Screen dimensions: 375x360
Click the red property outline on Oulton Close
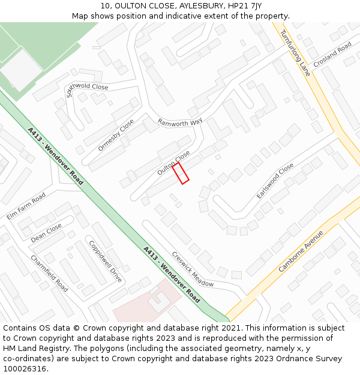181,173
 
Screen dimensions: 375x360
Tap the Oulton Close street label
173,163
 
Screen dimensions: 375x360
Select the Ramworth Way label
180,122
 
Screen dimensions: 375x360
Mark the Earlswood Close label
275,181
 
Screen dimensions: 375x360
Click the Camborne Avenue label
301,251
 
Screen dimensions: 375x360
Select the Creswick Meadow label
193,269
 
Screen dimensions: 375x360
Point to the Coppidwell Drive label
105,262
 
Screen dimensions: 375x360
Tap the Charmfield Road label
49,273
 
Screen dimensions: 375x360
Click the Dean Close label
46,233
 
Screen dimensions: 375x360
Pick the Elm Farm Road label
26,206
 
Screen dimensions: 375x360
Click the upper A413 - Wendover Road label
55,155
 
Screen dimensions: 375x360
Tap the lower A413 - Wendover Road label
172,274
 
